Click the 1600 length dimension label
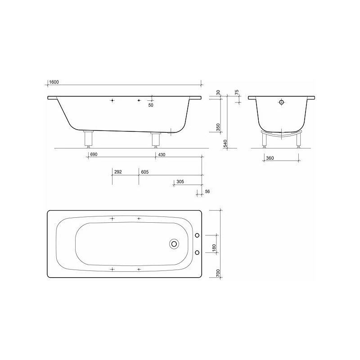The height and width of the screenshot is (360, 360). [54, 82]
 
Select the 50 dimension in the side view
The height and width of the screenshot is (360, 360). [151, 105]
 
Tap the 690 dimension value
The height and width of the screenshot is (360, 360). [94, 155]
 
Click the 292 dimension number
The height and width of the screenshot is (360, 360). [118, 172]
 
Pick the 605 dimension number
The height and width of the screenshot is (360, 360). [144, 172]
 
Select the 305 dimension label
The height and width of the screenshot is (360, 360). [180, 183]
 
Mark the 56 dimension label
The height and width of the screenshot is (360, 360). [207, 192]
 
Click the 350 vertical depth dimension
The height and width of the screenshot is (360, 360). [218, 127]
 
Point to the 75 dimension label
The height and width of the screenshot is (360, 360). [237, 93]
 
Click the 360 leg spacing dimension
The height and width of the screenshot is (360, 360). [270, 159]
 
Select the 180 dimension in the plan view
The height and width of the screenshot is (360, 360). [214, 248]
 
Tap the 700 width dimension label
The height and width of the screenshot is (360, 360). [218, 273]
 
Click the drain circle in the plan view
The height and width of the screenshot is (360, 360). [174, 244]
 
